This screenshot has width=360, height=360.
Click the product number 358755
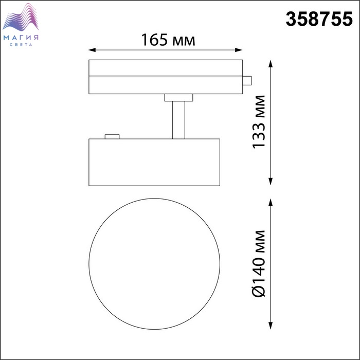point(319,19)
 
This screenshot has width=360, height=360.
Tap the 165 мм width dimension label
point(168,40)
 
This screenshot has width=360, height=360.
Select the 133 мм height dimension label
point(259,122)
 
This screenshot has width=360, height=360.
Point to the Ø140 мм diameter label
point(259,263)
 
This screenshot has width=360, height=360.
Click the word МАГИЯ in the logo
point(21,38)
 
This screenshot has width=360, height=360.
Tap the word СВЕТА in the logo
point(21,45)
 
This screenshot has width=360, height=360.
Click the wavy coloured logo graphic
point(21,17)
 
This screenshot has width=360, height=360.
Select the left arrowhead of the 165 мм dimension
point(92,50)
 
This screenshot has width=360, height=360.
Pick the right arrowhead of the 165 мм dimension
point(239,50)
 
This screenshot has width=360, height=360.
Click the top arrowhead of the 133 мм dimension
point(271,64)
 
